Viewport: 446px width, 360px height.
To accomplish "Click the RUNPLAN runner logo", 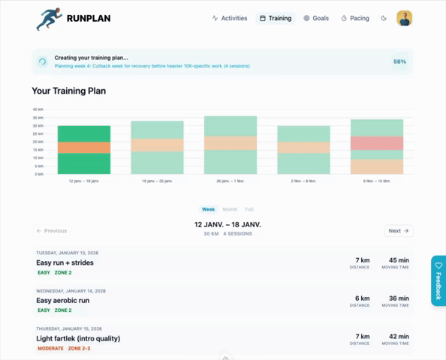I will [49, 19].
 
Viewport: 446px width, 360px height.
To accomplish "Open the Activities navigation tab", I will [230, 18].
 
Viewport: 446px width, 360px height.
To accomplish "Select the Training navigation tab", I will [275, 18].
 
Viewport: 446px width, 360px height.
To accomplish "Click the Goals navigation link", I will [315, 18].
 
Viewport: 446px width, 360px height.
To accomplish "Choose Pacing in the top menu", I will [355, 18].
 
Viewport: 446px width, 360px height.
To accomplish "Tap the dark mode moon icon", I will [384, 18].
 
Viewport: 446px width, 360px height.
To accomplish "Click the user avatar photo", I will [404, 18].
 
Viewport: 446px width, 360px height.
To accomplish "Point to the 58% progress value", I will [399, 61].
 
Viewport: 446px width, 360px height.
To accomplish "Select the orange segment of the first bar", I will [83, 148].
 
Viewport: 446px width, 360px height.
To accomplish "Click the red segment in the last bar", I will [376, 142].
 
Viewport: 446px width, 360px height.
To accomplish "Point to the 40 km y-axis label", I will [38, 109].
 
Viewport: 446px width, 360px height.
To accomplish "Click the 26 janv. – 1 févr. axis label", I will [230, 181].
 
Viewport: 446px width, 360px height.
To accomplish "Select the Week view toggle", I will [208, 209].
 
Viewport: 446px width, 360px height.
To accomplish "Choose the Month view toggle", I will [230, 209].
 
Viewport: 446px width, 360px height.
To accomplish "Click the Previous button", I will [52, 231].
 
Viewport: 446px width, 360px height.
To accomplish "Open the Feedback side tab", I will [438, 280].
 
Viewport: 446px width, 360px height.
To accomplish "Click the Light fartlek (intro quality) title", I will [78, 338].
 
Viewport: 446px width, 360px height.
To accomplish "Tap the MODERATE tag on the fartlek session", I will [50, 349].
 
